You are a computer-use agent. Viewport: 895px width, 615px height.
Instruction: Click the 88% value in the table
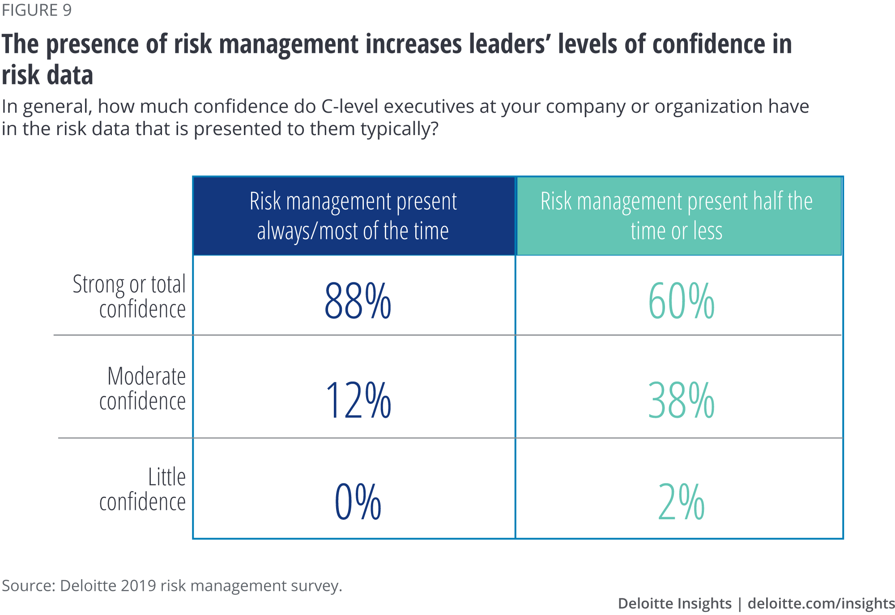tap(358, 301)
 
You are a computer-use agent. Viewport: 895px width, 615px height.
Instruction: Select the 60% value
tap(681, 301)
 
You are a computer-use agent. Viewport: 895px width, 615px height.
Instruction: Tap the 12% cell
tap(358, 400)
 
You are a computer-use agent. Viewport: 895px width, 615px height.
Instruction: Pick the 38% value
tap(681, 400)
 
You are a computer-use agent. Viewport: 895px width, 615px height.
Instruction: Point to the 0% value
tap(358, 501)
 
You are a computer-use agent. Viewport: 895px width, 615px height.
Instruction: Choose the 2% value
tap(681, 501)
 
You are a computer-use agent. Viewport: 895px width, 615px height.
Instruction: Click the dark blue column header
tap(354, 216)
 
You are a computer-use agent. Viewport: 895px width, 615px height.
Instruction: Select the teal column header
tap(678, 216)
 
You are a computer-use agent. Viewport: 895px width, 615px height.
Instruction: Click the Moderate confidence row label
tap(142, 388)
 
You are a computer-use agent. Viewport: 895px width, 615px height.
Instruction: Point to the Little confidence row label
tap(142, 489)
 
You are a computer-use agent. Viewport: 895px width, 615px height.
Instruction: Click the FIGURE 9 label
tap(37, 10)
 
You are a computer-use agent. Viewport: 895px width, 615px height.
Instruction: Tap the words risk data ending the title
tap(47, 75)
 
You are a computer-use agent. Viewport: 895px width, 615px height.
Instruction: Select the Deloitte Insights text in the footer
tap(674, 603)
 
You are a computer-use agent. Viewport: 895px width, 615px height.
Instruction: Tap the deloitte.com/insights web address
tap(821, 603)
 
